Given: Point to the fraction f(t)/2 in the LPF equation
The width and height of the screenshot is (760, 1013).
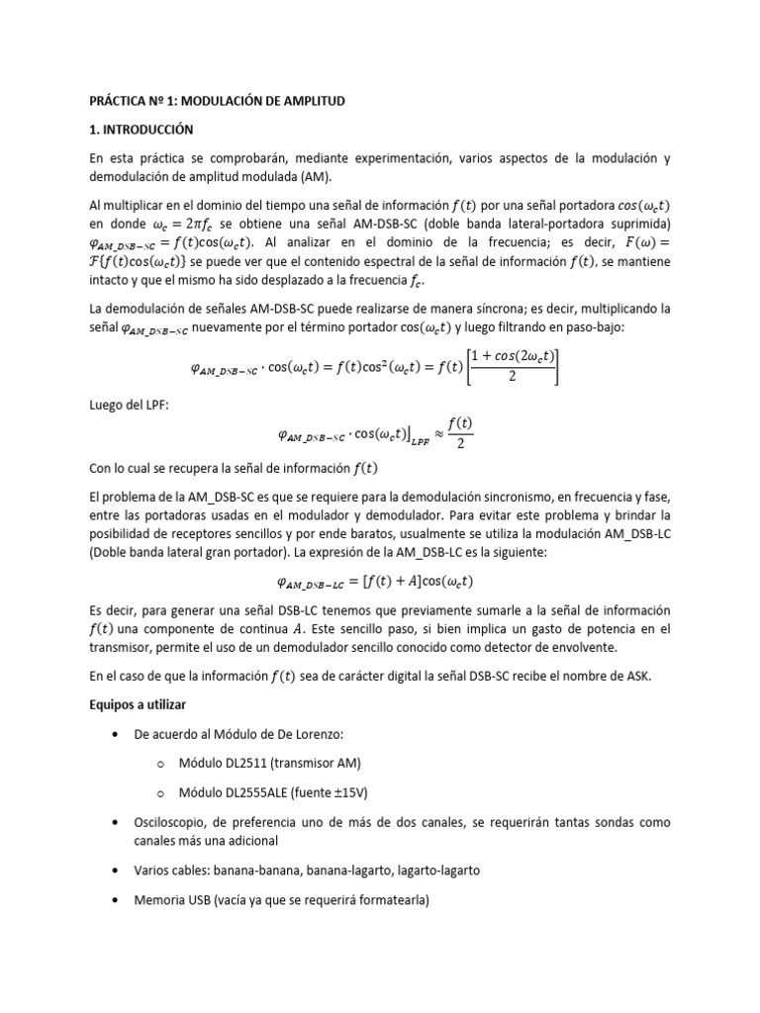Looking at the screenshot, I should point(459,432).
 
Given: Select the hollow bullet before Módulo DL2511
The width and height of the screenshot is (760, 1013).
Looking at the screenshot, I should point(159,765).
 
